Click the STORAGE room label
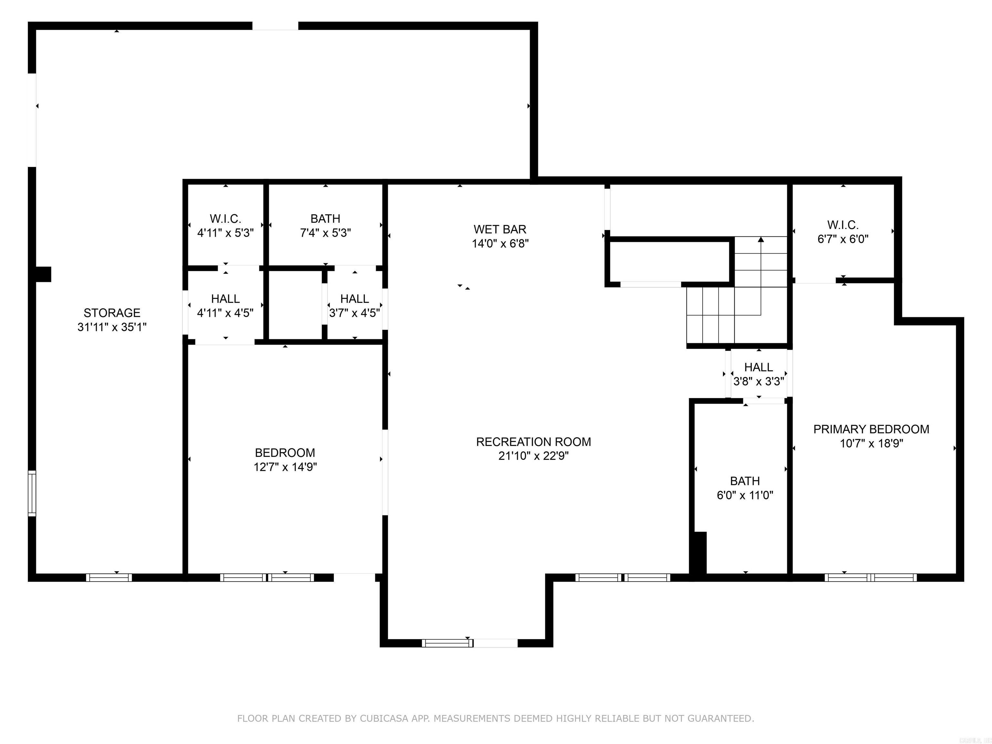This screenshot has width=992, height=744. click(x=112, y=313)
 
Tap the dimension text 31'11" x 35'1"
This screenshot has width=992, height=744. click(x=112, y=327)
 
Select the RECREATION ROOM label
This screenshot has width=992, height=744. click(x=533, y=442)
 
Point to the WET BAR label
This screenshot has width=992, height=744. click(x=500, y=229)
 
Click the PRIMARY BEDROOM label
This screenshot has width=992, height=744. click(x=871, y=429)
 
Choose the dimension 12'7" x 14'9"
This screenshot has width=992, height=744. click(x=285, y=467)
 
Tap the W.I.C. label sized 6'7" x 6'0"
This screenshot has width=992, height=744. click(x=843, y=225)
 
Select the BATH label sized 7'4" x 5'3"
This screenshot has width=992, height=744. click(x=325, y=219)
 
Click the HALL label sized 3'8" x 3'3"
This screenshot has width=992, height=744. click(x=758, y=367)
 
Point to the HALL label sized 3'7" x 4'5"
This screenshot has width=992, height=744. click(x=354, y=299)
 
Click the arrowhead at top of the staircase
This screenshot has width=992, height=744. click(x=760, y=240)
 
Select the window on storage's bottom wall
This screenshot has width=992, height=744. click(x=109, y=578)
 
